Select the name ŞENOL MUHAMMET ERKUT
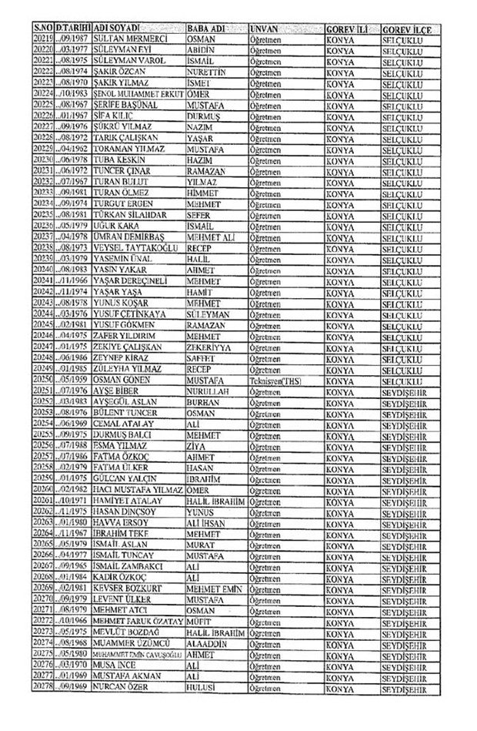click(x=137, y=93)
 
